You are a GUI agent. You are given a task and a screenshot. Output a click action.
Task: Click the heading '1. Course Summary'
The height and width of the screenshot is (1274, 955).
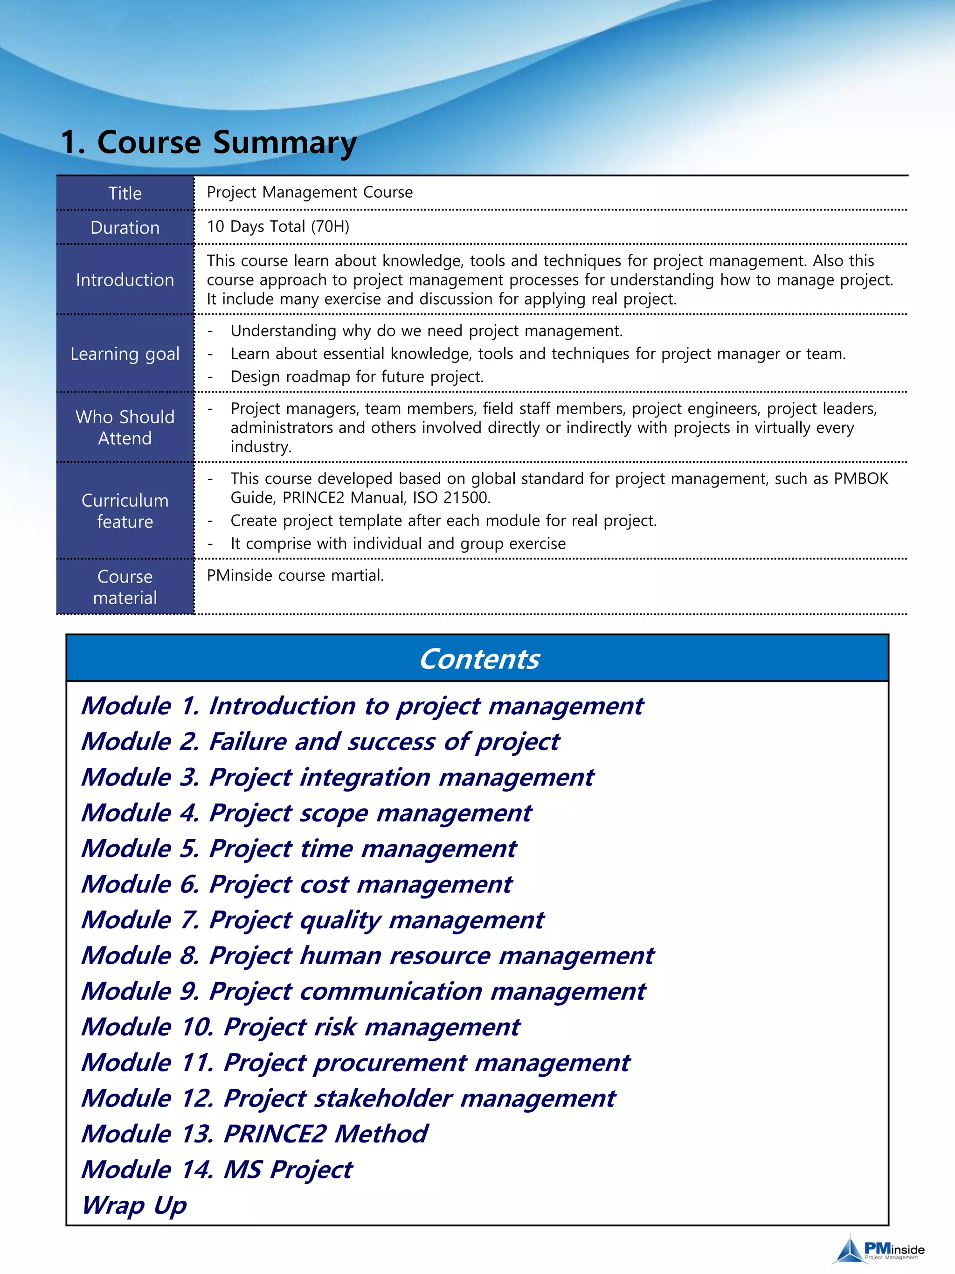tap(208, 142)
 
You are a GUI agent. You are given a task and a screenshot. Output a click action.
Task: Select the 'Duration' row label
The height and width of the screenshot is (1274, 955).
tap(125, 228)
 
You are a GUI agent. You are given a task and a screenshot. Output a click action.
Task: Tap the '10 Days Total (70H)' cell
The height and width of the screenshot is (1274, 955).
tap(278, 226)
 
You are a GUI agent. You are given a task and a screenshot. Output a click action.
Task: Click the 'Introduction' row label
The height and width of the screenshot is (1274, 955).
tap(125, 280)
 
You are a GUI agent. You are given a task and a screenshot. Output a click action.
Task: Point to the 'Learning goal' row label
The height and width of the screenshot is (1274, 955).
tap(125, 354)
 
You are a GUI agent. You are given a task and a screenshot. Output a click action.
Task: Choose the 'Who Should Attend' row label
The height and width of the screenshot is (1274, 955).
tap(125, 427)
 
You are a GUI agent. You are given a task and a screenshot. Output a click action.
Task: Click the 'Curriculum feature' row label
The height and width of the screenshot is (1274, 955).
tap(125, 511)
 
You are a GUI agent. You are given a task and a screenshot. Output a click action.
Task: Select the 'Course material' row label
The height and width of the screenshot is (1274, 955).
tap(125, 587)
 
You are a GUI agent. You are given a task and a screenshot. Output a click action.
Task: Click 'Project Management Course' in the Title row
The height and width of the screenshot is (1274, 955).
tap(310, 192)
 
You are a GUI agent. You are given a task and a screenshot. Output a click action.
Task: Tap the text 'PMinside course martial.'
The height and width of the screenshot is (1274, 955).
tap(295, 575)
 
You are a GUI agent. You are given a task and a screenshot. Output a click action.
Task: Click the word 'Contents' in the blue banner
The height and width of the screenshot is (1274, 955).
tap(479, 659)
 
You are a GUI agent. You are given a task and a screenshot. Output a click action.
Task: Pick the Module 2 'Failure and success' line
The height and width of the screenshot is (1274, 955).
tap(320, 742)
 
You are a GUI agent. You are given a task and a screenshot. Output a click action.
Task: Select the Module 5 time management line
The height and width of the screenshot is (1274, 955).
tap(299, 849)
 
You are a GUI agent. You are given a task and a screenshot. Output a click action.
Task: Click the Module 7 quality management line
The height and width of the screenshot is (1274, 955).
tap(312, 920)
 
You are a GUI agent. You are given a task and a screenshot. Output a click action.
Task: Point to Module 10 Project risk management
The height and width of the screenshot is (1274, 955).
tap(300, 1027)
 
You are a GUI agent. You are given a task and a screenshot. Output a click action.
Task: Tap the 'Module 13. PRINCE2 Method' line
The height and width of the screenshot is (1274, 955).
tap(255, 1134)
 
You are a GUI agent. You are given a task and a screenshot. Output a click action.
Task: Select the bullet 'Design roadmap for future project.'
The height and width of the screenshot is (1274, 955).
tap(357, 376)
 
